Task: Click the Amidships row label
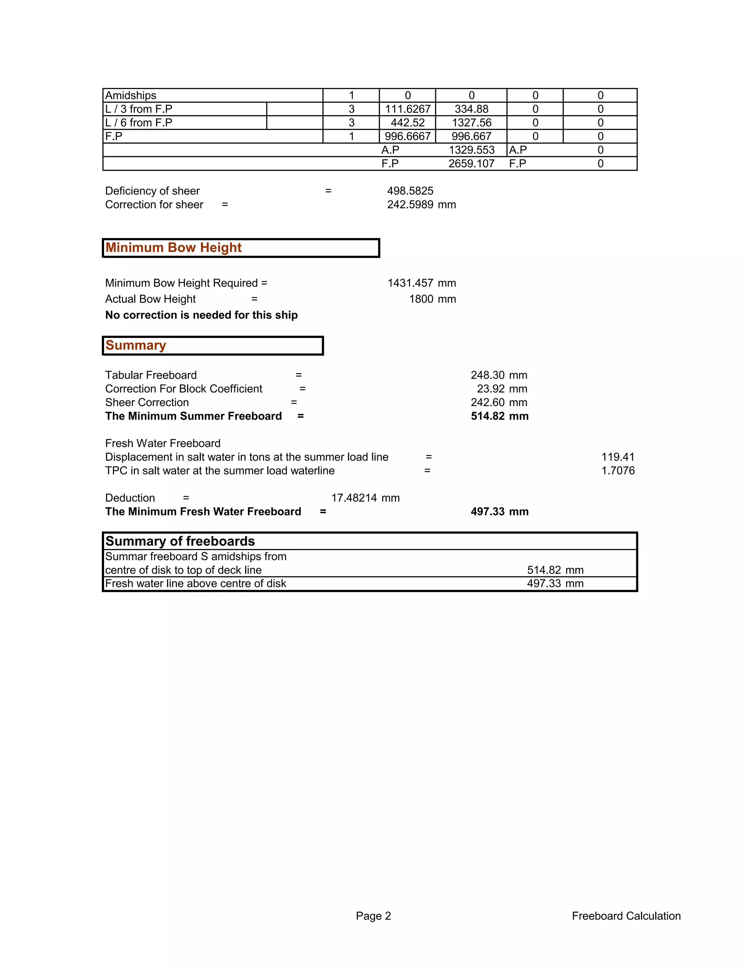click(131, 95)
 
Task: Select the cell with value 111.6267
click(407, 109)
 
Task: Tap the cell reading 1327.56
click(471, 123)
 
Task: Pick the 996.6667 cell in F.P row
click(407, 137)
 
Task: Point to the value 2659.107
click(471, 164)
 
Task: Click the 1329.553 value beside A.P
click(471, 150)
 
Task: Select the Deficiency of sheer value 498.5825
click(410, 191)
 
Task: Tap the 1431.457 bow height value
click(410, 283)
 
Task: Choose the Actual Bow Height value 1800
click(421, 299)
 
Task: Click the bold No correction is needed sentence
click(201, 315)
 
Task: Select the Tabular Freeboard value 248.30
click(488, 376)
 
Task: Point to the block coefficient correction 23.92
click(491, 389)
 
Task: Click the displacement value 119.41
click(618, 457)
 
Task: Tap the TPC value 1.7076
click(618, 471)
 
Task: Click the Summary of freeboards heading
click(180, 541)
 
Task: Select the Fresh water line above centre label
click(195, 584)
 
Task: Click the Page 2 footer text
click(373, 916)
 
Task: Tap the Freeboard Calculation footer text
click(626, 916)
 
